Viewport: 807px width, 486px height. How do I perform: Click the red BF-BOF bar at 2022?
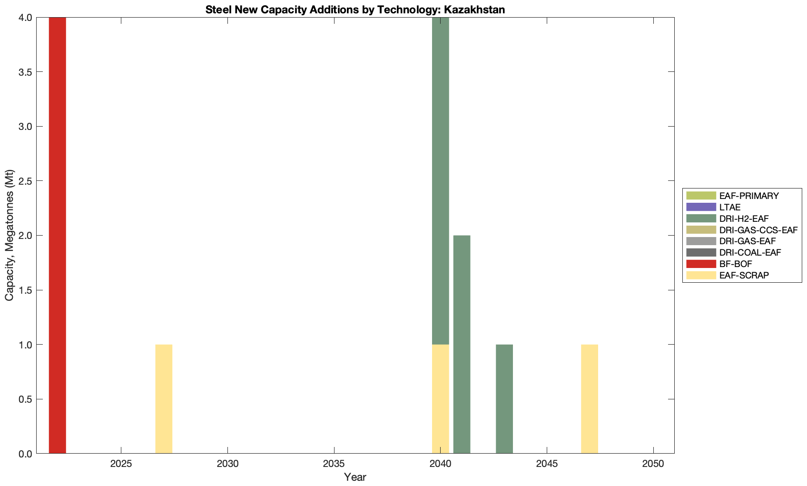click(x=57, y=235)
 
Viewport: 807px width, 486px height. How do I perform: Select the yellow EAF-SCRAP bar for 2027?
click(x=164, y=399)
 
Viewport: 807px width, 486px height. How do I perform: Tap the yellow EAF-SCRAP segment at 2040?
click(x=440, y=399)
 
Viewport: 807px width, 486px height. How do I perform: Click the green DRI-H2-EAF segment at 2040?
click(x=440, y=181)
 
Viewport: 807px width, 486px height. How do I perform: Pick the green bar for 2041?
click(x=462, y=344)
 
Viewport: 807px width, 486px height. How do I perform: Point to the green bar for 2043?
click(x=504, y=399)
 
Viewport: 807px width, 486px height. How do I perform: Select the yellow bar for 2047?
click(x=590, y=399)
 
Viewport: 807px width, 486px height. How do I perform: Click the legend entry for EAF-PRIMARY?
click(x=749, y=196)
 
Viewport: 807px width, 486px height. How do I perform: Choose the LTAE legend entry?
click(x=730, y=207)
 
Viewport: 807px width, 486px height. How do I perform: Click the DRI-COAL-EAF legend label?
click(x=750, y=252)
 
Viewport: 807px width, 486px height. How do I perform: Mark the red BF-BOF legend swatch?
click(x=701, y=264)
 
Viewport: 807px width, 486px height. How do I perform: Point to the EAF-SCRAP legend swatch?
click(x=701, y=275)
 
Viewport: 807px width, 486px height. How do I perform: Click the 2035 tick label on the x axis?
click(x=334, y=464)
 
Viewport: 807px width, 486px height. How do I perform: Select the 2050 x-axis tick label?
click(x=653, y=464)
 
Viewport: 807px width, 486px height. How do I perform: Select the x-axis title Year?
click(x=355, y=477)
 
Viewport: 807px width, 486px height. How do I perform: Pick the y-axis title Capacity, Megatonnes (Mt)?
click(x=10, y=235)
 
